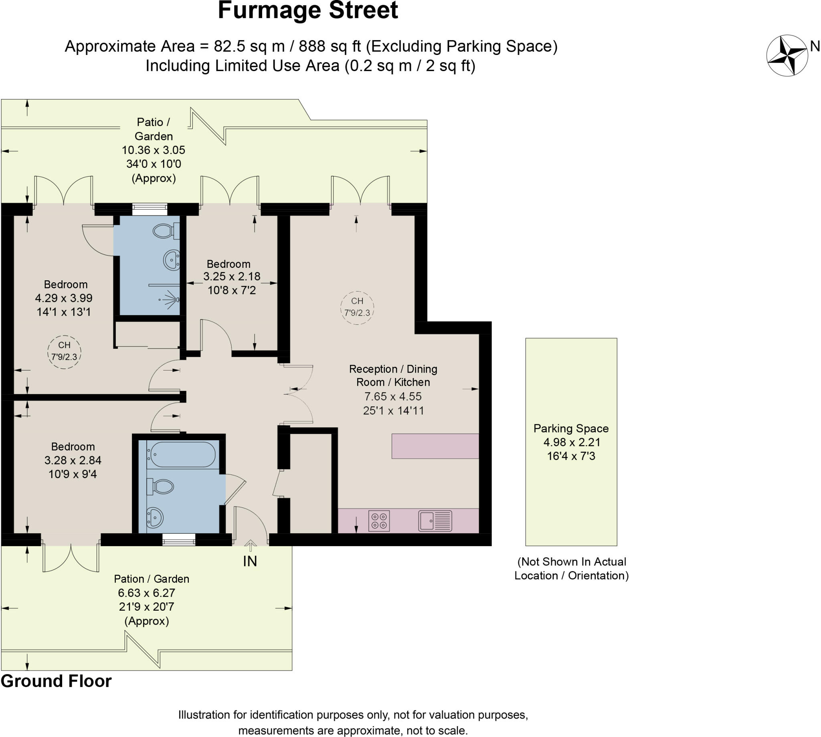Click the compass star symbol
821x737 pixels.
(787, 55)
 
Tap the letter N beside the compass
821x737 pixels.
(815, 46)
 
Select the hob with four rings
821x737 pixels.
(379, 521)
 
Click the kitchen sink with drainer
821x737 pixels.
(435, 521)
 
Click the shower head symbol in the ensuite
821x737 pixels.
(172, 300)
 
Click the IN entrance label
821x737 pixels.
(250, 561)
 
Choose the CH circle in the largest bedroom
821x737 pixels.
(64, 352)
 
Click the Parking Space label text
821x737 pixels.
(571, 428)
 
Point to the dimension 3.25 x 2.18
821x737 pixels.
(232, 277)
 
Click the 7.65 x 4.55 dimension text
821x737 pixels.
(393, 397)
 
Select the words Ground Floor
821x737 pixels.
(56, 681)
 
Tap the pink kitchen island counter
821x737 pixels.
(435, 446)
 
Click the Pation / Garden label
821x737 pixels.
(152, 579)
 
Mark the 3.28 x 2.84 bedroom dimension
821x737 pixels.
(73, 460)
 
